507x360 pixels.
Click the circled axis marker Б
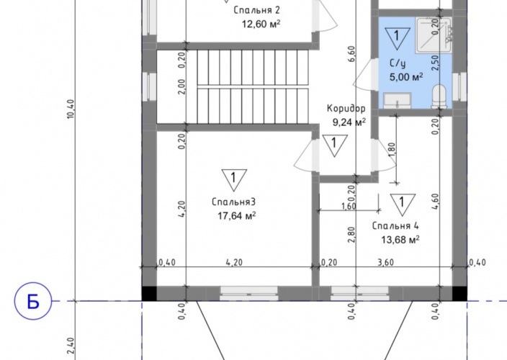click(33, 301)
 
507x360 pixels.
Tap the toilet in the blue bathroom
click(439, 96)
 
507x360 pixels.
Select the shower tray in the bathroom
click(434, 35)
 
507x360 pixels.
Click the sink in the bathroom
click(398, 101)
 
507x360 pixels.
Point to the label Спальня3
click(234, 202)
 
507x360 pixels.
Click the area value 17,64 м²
click(237, 215)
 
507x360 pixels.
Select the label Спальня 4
click(395, 225)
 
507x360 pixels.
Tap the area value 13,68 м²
click(400, 240)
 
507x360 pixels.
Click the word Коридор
click(346, 109)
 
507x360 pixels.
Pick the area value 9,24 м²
click(349, 122)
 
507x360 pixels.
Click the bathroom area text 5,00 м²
click(406, 77)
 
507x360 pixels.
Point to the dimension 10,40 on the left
click(71, 109)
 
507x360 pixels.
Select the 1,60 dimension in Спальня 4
click(349, 206)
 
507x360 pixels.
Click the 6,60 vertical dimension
click(351, 54)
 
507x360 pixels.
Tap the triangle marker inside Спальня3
click(234, 180)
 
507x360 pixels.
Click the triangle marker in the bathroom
click(398, 38)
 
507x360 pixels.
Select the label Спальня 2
click(256, 10)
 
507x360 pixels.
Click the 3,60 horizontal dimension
click(386, 262)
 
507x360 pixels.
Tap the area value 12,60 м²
click(261, 24)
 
